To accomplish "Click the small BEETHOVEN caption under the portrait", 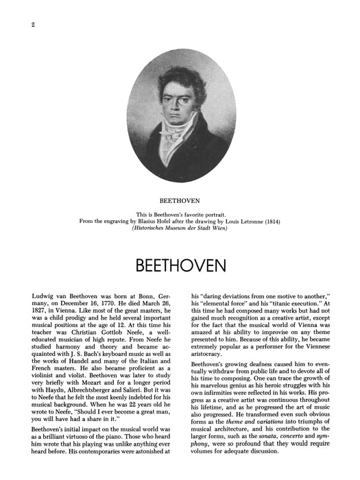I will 180,202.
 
